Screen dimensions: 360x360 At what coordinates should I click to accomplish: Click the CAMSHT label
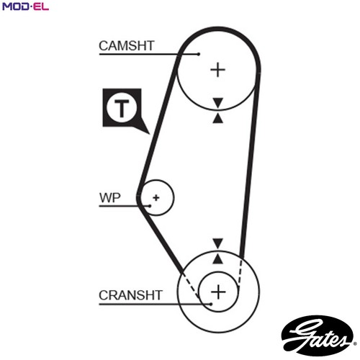pos(127,45)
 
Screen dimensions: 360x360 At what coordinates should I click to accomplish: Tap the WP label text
pos(110,198)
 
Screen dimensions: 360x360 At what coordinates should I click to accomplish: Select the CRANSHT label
pos(131,295)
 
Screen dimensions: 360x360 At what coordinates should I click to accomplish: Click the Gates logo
pos(318,336)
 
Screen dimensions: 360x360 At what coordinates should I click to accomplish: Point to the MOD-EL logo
pos(25,6)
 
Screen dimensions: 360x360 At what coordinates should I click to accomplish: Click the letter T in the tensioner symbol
pos(122,108)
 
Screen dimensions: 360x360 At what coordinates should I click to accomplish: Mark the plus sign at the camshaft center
pos(217,70)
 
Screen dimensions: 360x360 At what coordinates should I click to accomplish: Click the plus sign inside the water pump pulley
pos(156,198)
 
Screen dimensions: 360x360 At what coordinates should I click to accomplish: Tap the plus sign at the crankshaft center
pos(218,292)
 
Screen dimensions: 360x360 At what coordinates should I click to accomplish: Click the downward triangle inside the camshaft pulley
pos(218,102)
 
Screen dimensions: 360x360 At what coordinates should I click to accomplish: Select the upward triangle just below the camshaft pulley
pos(218,119)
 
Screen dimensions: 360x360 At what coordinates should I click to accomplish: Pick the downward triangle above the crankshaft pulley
pos(218,243)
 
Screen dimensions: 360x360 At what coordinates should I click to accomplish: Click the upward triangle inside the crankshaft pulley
pos(218,259)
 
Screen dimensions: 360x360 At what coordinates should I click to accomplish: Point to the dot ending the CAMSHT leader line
pos(198,54)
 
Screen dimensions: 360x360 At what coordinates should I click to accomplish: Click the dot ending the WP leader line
pos(150,206)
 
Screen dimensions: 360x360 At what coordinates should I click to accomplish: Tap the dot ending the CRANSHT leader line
pos(211,304)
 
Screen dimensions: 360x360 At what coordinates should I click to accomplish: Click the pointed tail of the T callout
pos(149,134)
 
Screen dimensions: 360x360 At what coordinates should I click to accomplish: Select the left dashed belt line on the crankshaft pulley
pos(191,286)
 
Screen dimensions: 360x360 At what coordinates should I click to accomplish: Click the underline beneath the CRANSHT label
pos(155,304)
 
